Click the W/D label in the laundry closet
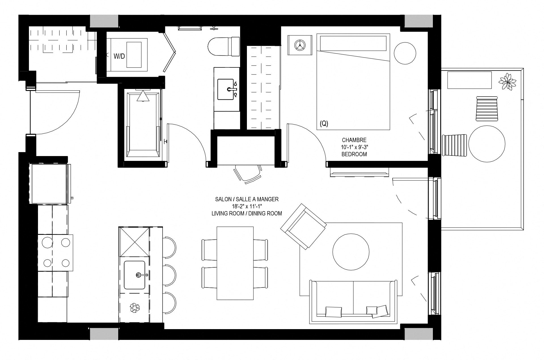119,56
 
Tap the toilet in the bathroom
223,46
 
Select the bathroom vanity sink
227,89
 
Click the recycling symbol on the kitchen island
135,308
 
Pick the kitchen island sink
135,275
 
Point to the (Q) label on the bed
324,123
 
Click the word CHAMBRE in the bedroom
354,140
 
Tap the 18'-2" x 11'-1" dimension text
247,206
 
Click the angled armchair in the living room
303,226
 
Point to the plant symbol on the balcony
507,82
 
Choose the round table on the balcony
487,144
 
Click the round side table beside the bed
405,53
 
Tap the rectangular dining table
235,263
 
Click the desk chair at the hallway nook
248,174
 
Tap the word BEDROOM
354,154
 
